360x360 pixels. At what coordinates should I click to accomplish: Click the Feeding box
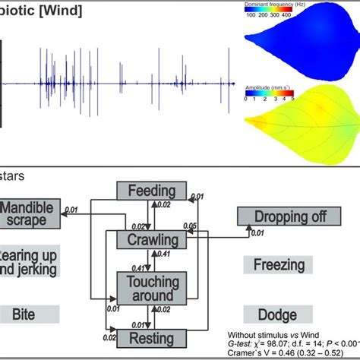152,191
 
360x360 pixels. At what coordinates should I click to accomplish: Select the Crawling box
151,241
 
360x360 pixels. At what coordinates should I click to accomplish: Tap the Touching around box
151,289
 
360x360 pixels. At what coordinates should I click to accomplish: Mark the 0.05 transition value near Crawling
190,226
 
